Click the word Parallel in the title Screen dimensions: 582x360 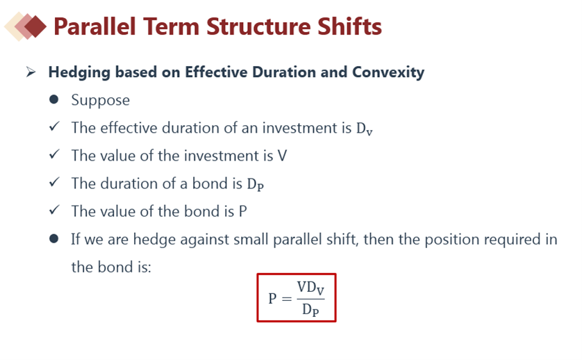(94, 26)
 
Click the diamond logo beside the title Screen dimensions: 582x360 (25, 26)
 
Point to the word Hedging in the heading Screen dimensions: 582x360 (79, 72)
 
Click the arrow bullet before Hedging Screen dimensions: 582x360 (31, 72)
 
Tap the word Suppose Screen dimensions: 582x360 (101, 100)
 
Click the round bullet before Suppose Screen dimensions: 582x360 (53, 99)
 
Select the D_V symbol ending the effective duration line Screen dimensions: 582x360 (364, 129)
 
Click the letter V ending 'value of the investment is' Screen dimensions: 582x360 (282, 156)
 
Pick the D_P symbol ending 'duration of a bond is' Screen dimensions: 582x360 (256, 184)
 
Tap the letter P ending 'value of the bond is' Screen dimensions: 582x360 (242, 211)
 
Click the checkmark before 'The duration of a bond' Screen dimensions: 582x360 (54, 182)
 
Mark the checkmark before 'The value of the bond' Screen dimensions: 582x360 (54, 211)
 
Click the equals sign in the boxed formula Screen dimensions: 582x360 (287, 298)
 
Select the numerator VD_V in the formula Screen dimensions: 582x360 (310, 288)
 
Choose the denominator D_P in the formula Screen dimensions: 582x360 (310, 309)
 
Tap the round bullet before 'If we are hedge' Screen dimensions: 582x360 (53, 238)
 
